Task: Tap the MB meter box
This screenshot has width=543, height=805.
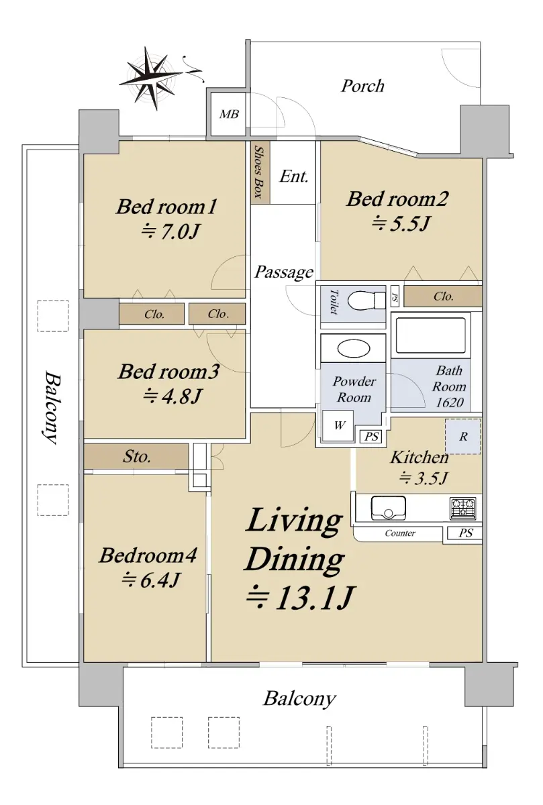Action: (x=229, y=114)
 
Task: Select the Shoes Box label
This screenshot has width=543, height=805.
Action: (x=258, y=172)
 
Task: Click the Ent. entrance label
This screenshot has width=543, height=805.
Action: (x=294, y=176)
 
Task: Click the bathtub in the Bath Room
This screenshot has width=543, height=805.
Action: (x=430, y=335)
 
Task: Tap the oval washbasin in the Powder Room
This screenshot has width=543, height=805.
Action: (x=354, y=349)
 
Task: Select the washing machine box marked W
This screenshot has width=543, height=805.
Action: (x=338, y=425)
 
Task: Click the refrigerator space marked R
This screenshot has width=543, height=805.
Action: (x=463, y=436)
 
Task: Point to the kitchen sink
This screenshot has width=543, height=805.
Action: (x=389, y=508)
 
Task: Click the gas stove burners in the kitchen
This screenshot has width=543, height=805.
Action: (x=463, y=508)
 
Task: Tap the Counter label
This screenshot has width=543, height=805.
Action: (x=400, y=533)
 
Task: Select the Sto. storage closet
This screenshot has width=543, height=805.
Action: (x=136, y=456)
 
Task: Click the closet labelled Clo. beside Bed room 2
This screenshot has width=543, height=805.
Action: (x=443, y=297)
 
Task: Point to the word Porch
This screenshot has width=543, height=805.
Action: (x=362, y=87)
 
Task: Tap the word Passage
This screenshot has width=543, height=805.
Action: (x=284, y=272)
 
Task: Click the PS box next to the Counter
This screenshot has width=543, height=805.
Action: (x=464, y=533)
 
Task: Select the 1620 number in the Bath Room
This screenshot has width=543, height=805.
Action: (x=450, y=402)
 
